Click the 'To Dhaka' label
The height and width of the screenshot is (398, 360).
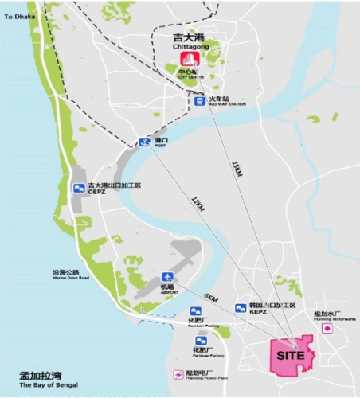coord(20,17)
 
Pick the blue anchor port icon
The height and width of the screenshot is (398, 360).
coord(144,142)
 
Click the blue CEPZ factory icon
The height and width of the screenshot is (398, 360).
coord(78,188)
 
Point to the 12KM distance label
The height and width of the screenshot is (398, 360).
coord(197,204)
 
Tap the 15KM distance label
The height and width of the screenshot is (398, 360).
coord(235,170)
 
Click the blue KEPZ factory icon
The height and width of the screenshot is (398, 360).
coord(239,307)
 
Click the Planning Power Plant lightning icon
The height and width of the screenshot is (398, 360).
coord(178,374)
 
